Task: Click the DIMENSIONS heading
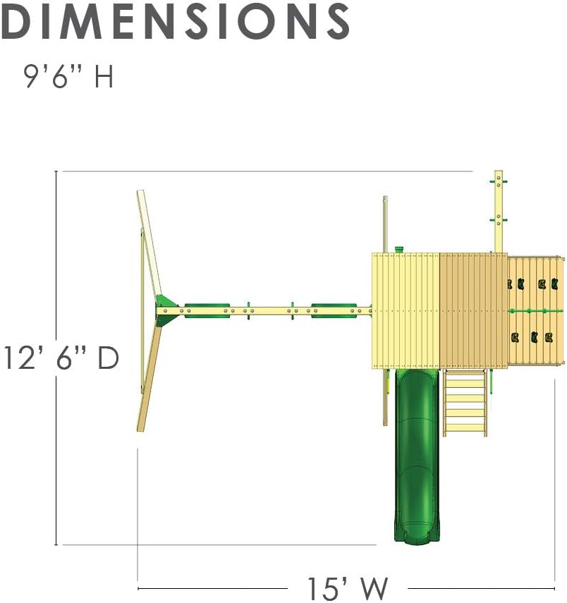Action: [175, 20]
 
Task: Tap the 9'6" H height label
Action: [68, 77]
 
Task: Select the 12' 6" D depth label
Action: [61, 358]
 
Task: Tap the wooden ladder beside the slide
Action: [465, 403]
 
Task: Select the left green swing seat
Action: [207, 311]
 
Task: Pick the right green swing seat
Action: [334, 311]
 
